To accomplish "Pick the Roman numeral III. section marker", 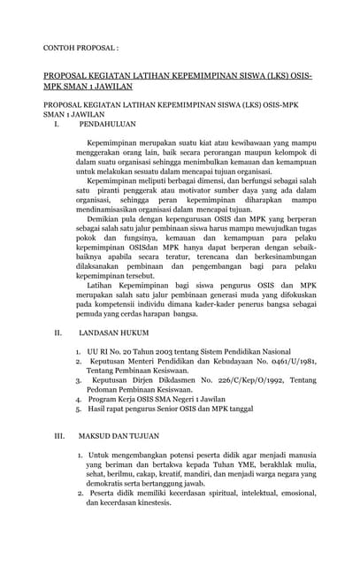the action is (x=60, y=435).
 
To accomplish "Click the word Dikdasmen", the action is (x=172, y=380).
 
